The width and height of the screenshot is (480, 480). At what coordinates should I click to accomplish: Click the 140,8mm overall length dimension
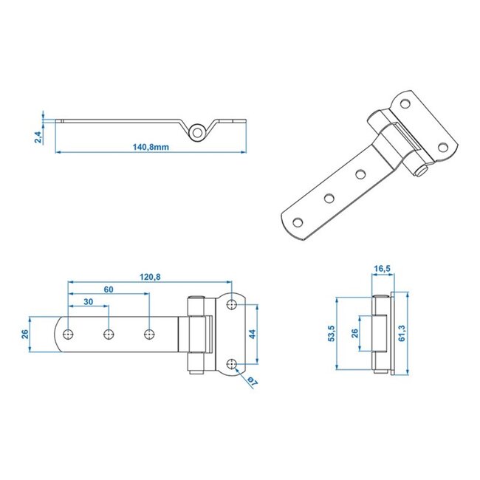coord(151,147)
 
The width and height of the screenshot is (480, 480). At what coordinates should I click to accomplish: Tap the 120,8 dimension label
coord(148,277)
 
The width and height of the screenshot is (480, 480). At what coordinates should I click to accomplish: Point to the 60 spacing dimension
coord(109,289)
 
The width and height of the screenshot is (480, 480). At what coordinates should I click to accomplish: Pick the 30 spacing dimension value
coord(89,302)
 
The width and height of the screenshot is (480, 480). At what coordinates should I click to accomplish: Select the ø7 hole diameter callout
coord(251,381)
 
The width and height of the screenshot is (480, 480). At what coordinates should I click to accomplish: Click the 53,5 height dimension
coord(332,334)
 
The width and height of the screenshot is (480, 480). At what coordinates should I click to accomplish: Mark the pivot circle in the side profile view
coord(197,131)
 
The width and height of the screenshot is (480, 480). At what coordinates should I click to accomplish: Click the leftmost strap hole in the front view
coord(68,334)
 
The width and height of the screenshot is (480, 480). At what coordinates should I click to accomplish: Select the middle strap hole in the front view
coord(109,334)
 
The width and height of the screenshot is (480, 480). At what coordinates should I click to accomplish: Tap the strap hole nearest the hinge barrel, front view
coord(149,334)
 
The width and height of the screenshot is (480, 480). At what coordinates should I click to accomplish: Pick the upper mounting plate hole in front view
coord(232,304)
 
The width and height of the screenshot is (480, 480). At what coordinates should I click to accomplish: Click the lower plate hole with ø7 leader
coord(232,363)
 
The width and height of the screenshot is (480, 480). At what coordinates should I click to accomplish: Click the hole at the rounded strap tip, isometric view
coord(299,222)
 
